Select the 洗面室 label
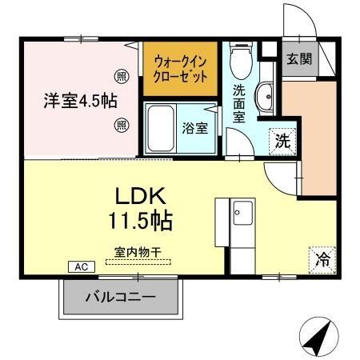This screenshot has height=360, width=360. [239, 102]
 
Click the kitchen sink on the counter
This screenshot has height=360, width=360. [241, 214]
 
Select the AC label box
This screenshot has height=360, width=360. [81, 266]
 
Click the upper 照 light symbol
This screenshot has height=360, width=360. [122, 78]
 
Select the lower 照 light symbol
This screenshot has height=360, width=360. [122, 124]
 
